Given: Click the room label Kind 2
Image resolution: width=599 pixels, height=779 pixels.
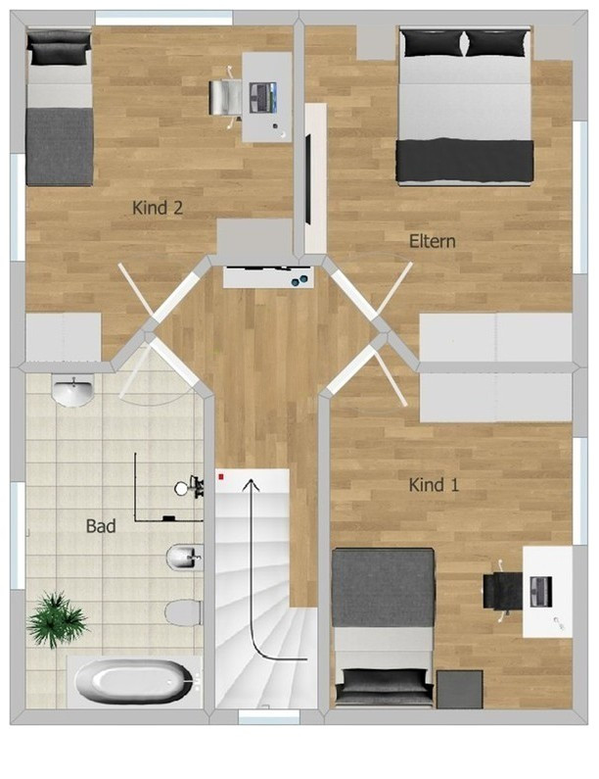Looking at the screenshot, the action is coord(158,208).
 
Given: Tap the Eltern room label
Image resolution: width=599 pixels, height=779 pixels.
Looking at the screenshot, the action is coord(432,241).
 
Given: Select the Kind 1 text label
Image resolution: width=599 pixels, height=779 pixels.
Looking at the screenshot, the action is coord(434,484).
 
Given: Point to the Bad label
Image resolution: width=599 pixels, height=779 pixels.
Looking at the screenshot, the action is coord(101,525).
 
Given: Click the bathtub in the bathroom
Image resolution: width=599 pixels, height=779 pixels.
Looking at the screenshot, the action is coord(134,681).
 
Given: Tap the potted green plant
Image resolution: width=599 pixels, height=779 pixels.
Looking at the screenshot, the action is coord(57,619).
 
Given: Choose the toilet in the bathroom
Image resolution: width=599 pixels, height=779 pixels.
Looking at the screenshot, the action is coord(184,613).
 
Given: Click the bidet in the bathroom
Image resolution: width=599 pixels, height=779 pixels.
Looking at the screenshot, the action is coord(185,558).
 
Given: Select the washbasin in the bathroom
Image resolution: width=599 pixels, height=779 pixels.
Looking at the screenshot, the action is coord(73,392).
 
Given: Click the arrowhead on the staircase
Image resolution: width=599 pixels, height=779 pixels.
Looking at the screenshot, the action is coord(252,484).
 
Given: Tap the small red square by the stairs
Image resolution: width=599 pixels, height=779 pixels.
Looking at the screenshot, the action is coord(221,477).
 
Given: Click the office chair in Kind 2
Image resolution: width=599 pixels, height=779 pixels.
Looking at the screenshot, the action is coord(222,97).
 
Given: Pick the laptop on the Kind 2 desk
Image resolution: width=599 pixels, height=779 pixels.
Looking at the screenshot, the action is coord(263,97).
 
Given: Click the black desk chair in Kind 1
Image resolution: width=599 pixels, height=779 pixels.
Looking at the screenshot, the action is coord(502,590).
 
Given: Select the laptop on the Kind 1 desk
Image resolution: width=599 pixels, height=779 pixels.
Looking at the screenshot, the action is coord(541,592).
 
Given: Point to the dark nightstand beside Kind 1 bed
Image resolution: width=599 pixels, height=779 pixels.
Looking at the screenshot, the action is coord(460,689).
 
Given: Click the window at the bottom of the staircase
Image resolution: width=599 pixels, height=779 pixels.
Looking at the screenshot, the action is coord(268,716).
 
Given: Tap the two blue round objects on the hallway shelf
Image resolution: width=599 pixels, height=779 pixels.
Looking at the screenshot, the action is coord(299,281).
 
